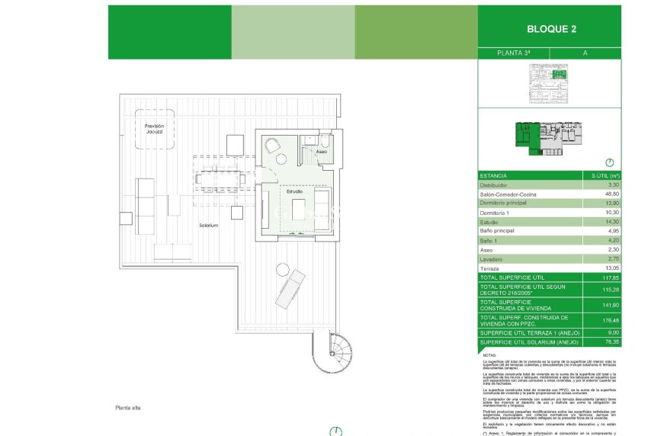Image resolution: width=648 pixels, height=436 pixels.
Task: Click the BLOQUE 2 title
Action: (551, 30)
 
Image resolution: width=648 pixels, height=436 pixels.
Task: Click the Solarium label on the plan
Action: (209, 226)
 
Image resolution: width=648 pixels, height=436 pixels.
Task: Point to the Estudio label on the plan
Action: (295, 191)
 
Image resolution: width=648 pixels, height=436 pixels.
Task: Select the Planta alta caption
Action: (127, 408)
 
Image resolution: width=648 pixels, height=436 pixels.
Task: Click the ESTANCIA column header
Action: (492, 176)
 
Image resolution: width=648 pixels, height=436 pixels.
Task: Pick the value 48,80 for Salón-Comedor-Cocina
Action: (608, 194)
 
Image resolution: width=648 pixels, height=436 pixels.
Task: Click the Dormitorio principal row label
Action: (507, 204)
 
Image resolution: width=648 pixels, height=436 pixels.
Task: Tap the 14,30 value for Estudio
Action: (608, 222)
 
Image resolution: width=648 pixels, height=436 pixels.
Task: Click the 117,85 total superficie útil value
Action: (606, 278)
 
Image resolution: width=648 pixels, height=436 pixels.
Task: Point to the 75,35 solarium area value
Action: (608, 343)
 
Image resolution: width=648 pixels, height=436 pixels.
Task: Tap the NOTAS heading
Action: (489, 355)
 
